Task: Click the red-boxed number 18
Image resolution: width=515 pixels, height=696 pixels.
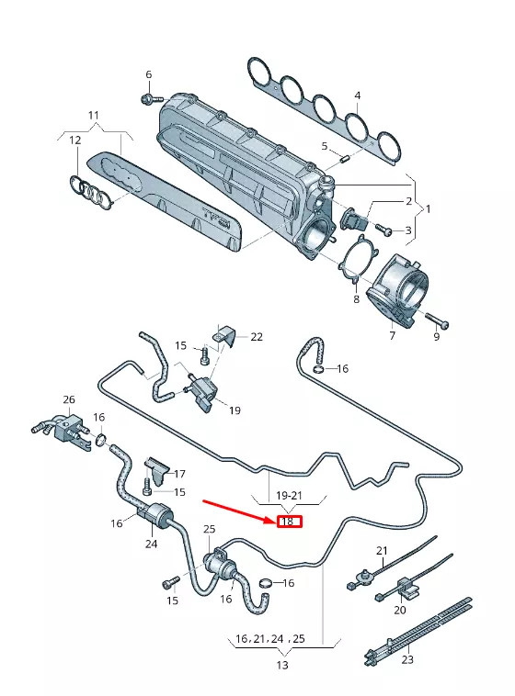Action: (288, 522)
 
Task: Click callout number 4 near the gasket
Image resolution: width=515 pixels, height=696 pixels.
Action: (358, 95)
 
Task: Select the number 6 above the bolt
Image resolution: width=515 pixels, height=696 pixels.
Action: (147, 74)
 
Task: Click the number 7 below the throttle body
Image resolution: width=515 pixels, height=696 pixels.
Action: (392, 336)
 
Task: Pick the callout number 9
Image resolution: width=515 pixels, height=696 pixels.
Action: (436, 337)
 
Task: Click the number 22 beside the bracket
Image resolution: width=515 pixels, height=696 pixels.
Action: (257, 337)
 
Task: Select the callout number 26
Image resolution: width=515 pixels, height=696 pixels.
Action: (68, 399)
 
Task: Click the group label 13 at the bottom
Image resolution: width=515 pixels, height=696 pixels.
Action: (282, 665)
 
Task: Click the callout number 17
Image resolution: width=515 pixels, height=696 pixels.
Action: (179, 474)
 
